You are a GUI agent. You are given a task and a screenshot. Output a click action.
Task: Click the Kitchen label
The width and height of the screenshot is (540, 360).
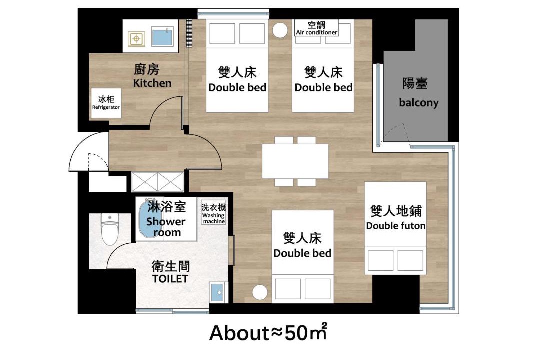(x=152, y=83)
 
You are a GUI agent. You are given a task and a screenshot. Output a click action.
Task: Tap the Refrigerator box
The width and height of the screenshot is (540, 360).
(x=106, y=103)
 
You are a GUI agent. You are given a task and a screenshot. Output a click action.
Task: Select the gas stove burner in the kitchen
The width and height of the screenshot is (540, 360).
(x=136, y=39)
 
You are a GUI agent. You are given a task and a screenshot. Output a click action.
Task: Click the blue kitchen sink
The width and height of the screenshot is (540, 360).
(x=162, y=37)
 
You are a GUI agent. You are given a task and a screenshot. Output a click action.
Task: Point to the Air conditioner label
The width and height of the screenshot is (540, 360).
(x=317, y=32)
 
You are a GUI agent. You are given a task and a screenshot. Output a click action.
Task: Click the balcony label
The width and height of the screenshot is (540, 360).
(x=419, y=102)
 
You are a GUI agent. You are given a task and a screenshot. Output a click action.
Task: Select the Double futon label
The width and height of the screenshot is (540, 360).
(x=395, y=226)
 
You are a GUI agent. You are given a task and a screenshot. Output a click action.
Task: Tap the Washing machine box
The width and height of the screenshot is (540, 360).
(x=213, y=213)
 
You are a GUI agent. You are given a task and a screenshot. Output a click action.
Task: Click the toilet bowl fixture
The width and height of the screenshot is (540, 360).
(x=110, y=229)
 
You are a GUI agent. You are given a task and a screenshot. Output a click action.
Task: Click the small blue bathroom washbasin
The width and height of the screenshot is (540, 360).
(x=217, y=292)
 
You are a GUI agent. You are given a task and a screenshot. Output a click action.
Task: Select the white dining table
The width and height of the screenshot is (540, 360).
(x=295, y=161)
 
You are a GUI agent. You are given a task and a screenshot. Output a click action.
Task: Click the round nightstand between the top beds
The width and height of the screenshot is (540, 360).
(x=280, y=30)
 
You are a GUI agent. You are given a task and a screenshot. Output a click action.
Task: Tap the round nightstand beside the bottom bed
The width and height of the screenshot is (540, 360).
(x=260, y=293)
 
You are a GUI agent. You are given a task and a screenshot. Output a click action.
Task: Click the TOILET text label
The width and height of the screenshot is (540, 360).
(x=170, y=278)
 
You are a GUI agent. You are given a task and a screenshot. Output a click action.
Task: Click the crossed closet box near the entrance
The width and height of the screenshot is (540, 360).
(x=157, y=182)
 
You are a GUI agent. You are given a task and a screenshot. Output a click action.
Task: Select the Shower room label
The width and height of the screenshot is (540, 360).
(x=166, y=227)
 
